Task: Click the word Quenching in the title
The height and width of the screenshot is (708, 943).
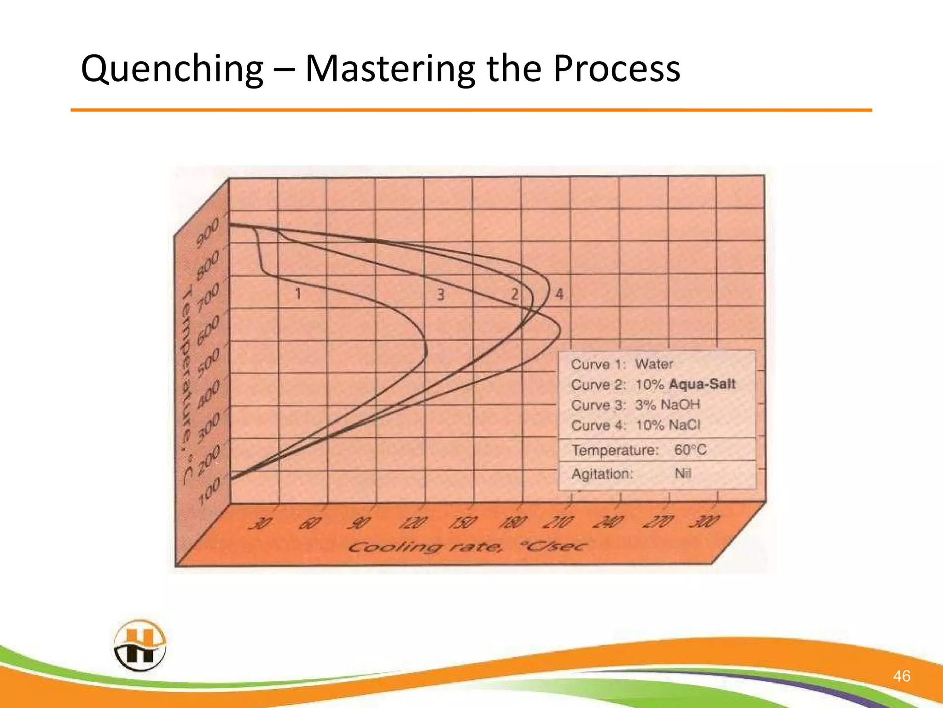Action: click(x=171, y=69)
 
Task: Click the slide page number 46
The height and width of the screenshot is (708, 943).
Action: click(x=901, y=676)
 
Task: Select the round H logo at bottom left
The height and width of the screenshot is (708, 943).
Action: click(x=140, y=645)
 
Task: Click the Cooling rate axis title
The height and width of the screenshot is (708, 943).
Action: click(x=467, y=547)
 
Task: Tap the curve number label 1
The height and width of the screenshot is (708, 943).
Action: click(x=298, y=293)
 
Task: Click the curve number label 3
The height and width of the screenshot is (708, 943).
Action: click(x=441, y=294)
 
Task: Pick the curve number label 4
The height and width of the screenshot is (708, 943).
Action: click(x=559, y=294)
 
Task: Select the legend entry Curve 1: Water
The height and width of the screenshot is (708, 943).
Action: click(x=622, y=364)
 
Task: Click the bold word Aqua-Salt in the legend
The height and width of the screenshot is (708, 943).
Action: click(x=702, y=384)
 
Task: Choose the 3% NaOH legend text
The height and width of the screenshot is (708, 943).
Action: click(x=667, y=405)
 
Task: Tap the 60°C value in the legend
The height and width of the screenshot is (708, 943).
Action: click(x=690, y=449)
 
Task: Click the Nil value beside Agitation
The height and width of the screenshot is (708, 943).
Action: click(x=683, y=473)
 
